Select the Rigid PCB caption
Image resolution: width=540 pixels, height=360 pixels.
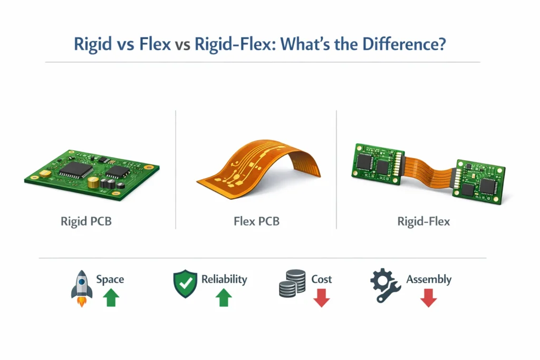point(86,221)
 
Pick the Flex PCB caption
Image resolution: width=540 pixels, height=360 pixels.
point(256,221)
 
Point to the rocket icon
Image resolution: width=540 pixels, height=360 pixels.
point(82,287)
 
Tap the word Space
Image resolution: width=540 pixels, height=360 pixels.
point(110,279)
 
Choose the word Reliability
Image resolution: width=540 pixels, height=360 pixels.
point(224,279)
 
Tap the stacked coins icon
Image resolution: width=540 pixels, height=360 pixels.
point(292,284)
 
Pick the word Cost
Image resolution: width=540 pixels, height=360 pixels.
point(322,279)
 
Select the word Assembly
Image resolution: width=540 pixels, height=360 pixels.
point(429,279)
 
